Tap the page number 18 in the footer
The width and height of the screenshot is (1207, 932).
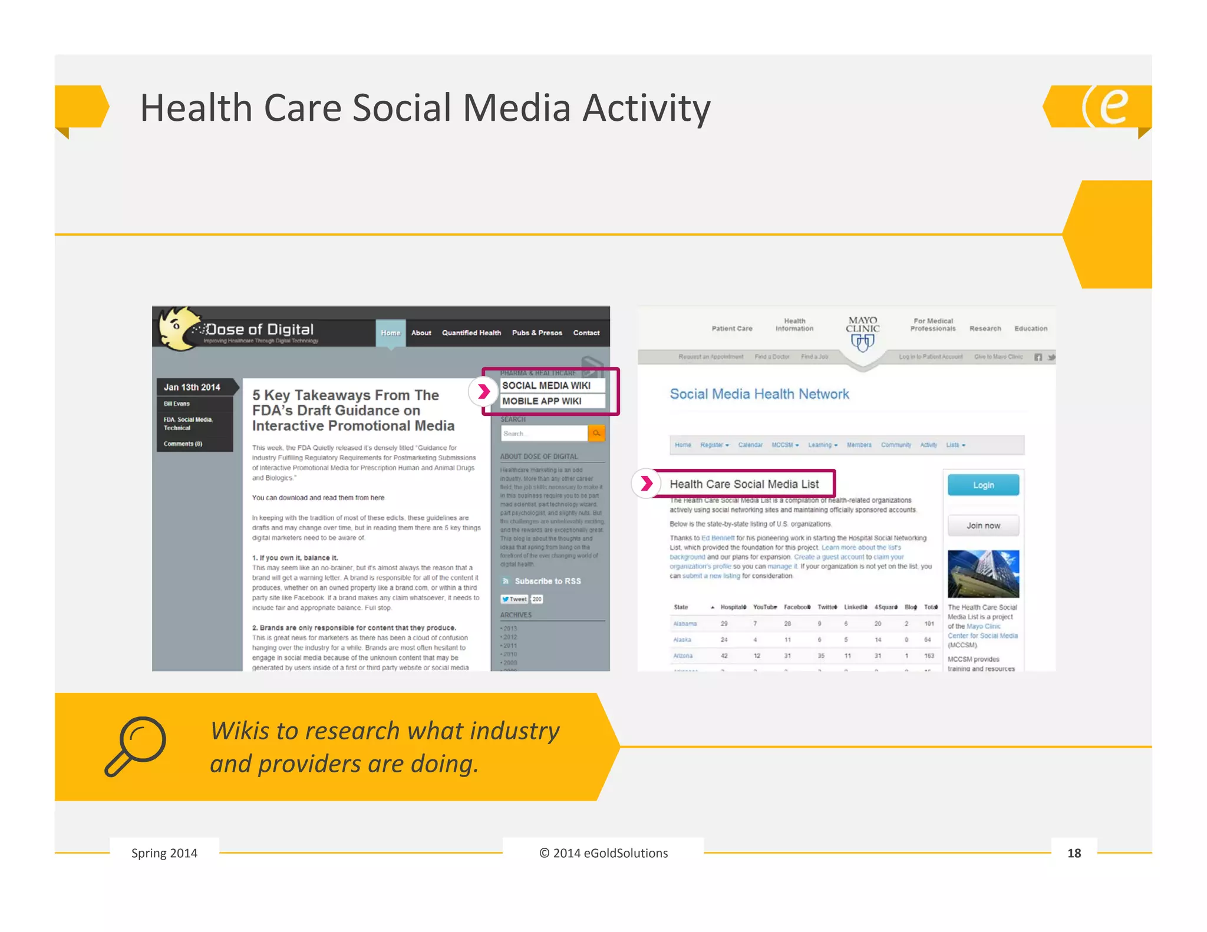click(x=1074, y=853)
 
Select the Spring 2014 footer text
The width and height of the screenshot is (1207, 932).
click(x=164, y=853)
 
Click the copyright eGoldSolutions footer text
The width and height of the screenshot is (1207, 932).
click(x=603, y=853)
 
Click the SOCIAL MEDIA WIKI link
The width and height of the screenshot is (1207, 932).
click(x=546, y=385)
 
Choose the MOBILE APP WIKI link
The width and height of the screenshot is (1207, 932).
click(x=542, y=401)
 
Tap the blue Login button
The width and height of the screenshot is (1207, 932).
click(x=983, y=485)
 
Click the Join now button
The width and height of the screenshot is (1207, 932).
click(x=983, y=526)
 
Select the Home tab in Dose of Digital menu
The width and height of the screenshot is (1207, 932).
click(x=390, y=333)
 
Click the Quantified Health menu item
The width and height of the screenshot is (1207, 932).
click(x=471, y=333)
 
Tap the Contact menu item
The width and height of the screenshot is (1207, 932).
click(x=586, y=333)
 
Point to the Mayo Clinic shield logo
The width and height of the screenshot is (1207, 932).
click(x=862, y=342)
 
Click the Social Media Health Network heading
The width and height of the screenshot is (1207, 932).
click(x=759, y=394)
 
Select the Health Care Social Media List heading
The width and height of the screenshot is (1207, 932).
click(x=744, y=484)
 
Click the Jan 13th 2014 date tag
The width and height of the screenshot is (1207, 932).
click(x=192, y=387)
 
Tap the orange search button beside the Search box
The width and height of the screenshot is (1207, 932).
click(x=596, y=434)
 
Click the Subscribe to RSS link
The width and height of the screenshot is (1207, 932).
click(x=547, y=581)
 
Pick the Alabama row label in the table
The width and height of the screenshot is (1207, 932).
click(x=685, y=624)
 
